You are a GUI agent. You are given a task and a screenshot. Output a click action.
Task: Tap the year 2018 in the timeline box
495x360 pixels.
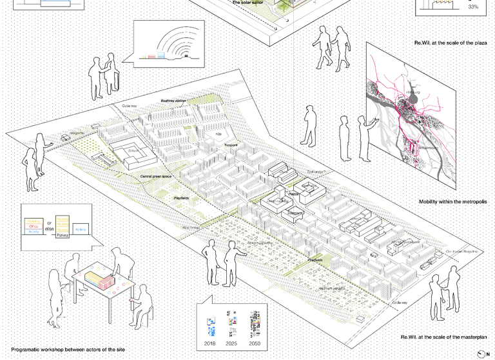(210, 344)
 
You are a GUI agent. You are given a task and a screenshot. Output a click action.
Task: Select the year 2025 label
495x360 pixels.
(232, 344)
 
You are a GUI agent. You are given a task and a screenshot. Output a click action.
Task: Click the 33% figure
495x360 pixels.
(473, 7)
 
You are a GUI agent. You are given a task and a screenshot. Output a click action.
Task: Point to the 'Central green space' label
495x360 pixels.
(156, 176)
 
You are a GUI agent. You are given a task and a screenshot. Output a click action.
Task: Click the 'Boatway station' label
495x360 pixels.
(173, 101)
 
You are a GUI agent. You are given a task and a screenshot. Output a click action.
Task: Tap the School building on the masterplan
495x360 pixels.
(133, 150)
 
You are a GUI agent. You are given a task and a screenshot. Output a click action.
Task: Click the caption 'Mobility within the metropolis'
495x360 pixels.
(452, 202)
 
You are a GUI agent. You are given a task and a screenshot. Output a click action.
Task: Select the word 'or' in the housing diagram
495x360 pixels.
(50, 223)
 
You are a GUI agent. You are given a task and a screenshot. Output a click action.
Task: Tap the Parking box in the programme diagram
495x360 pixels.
(62, 236)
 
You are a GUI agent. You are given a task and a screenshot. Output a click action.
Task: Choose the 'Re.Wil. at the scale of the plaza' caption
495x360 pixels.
(451, 43)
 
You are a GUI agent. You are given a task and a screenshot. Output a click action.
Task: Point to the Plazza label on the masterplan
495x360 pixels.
(294, 194)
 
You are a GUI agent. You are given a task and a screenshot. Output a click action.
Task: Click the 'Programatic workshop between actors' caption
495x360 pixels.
(68, 349)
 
